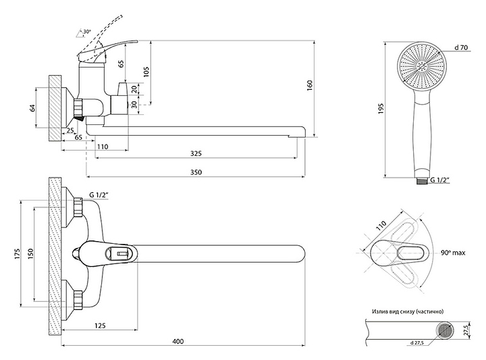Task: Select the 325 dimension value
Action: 196,154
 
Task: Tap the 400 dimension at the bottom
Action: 178,342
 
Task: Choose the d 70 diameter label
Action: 462,47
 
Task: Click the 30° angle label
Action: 87,32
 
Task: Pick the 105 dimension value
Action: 146,72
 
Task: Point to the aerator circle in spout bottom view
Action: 445,330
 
